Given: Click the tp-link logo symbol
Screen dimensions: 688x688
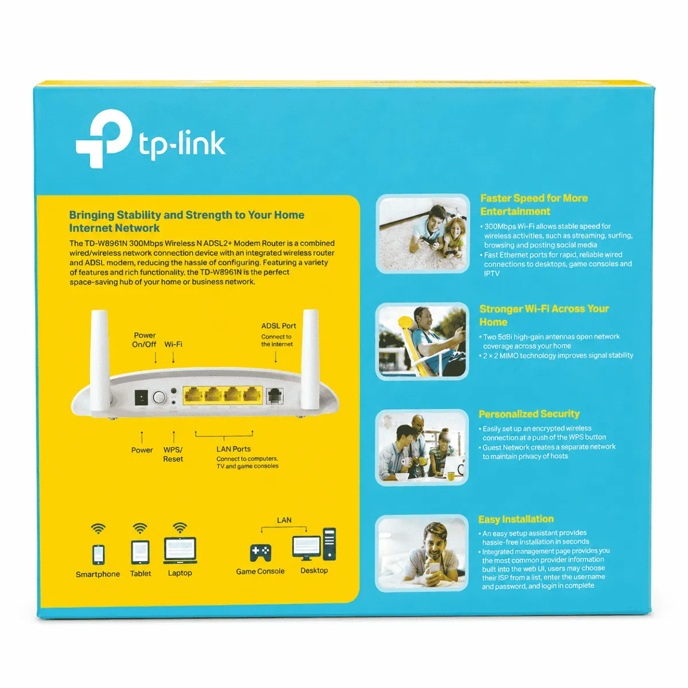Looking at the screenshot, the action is [104, 138].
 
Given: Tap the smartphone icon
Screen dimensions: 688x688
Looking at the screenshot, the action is [98, 554].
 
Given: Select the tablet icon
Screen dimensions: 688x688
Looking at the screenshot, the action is [140, 552].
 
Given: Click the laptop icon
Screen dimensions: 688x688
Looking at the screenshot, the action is [180, 550].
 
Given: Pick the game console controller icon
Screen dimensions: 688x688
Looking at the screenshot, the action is [261, 553].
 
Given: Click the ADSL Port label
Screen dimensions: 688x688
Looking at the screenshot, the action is [279, 326].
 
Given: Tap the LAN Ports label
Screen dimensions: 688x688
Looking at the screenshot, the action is [233, 449].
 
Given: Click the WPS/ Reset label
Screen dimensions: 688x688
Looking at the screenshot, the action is [173, 454].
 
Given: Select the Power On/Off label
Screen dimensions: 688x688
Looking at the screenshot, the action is [144, 339].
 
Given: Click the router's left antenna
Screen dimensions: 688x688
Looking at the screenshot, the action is [99, 361].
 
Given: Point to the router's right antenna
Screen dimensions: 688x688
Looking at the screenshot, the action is [310, 361].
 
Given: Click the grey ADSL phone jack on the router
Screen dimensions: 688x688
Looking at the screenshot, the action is [275, 396].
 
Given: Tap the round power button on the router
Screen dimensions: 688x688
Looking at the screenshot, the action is [159, 397].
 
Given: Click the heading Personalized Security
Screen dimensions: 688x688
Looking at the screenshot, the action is [529, 414].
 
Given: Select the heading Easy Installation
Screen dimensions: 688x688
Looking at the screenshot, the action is [516, 519].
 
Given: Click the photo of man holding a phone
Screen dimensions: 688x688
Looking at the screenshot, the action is [422, 553].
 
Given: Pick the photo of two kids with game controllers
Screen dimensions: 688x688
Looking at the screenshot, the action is [423, 233].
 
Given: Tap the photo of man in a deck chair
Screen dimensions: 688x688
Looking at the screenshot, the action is [422, 341].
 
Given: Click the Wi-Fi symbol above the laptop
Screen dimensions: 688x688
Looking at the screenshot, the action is [180, 527].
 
